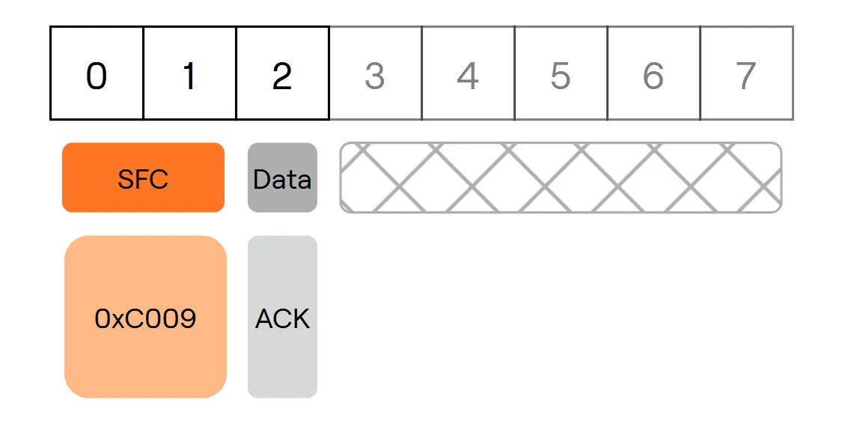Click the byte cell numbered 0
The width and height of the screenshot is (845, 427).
97,73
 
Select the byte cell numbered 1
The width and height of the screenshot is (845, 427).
189,73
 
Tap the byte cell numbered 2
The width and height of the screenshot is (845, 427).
283,73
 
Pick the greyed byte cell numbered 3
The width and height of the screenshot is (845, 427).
376,73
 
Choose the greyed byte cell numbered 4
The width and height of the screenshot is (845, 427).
469,73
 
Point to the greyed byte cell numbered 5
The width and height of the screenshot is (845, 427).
561,73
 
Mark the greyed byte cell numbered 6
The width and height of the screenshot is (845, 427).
653,73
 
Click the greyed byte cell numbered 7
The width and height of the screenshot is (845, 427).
747,73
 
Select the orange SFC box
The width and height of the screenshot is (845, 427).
144,178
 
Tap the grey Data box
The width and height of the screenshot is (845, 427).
282,178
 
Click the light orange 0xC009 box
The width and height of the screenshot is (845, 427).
145,317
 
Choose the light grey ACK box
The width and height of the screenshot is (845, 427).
282,317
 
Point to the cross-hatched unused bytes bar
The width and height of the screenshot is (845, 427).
561,178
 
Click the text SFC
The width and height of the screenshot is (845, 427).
143,179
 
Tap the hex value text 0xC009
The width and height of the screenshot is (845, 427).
145,318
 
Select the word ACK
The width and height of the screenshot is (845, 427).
282,318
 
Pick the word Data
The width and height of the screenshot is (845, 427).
282,179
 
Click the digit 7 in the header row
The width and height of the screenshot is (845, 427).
746,76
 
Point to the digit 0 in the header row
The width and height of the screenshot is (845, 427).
97,76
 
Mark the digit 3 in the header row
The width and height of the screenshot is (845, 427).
374,76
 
